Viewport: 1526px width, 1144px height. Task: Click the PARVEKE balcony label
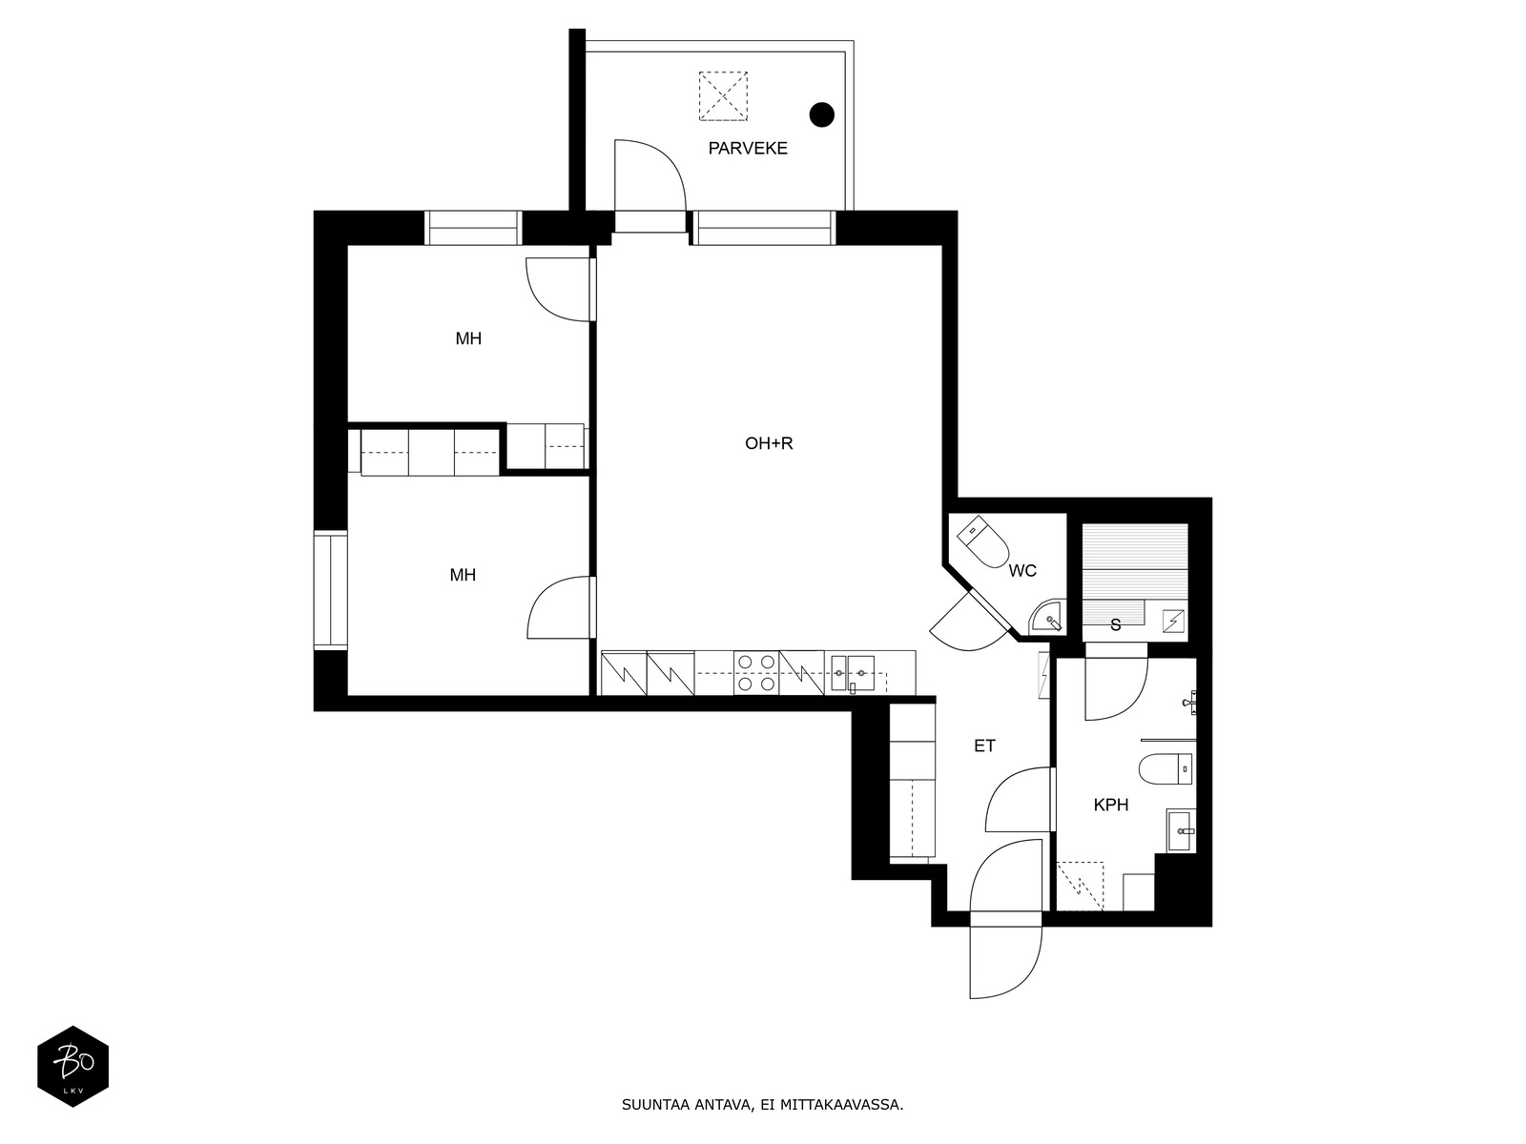coord(748,148)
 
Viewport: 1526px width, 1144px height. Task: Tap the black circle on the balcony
coord(822,114)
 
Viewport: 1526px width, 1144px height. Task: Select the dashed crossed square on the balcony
coord(723,96)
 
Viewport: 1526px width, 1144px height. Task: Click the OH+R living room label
coord(768,443)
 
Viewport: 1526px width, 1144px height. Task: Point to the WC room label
coord(1022,571)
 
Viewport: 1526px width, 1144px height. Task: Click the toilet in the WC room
coord(982,541)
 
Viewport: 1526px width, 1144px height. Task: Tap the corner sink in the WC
coord(1047,617)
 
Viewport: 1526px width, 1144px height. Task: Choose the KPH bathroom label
coord(1110,805)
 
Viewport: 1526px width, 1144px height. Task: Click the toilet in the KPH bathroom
coord(1165,769)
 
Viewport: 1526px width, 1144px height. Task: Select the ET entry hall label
coord(984,746)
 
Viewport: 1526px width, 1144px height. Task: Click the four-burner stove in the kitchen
coord(756,673)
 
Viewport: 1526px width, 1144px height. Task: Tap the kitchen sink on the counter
coord(853,673)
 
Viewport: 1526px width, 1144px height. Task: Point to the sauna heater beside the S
coord(1173,621)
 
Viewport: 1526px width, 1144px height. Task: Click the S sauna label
coord(1115,625)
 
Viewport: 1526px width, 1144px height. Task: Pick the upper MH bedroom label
coord(468,338)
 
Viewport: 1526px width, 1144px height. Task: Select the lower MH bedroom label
coord(463,575)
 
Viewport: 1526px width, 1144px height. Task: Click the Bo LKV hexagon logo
coord(73,1067)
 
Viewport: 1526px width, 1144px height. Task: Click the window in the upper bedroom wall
coord(473,228)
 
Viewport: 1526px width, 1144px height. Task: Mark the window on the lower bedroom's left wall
coord(330,590)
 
